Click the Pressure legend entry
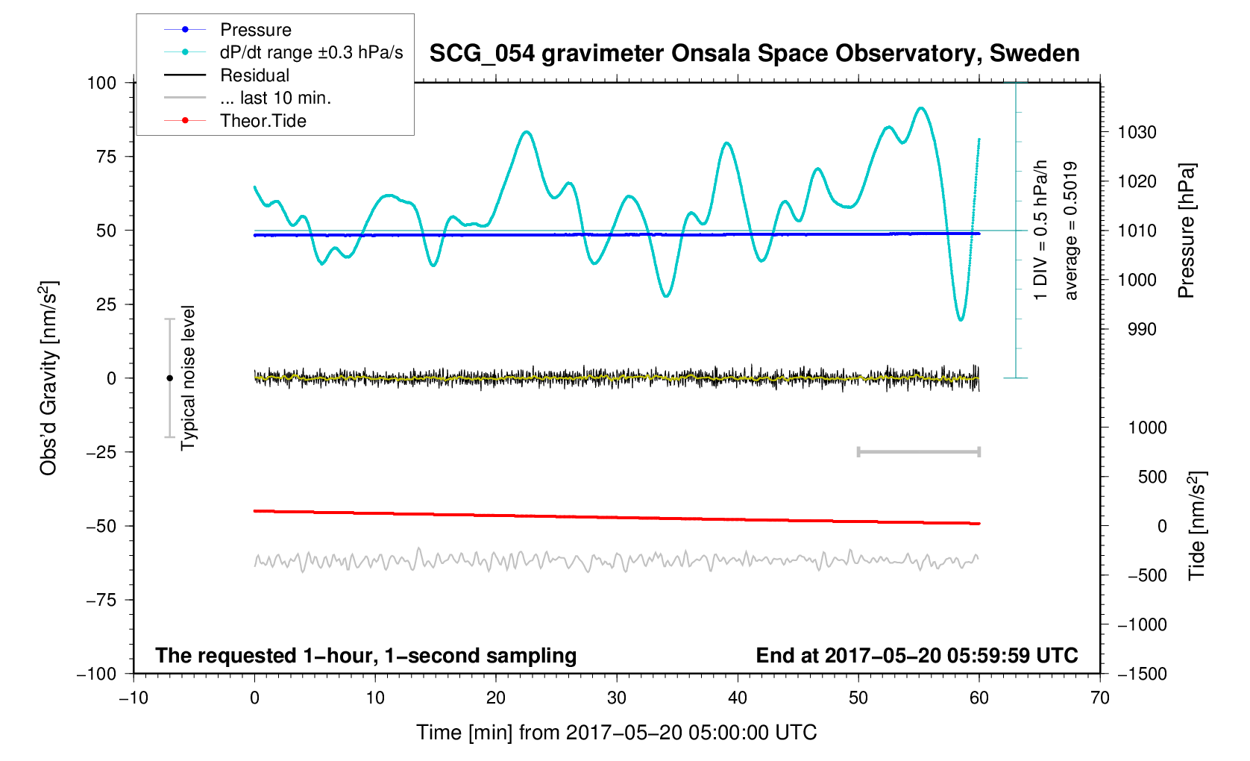click(x=255, y=30)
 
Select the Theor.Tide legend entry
click(x=263, y=121)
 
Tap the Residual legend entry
click(x=254, y=75)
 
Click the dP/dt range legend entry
click(x=310, y=52)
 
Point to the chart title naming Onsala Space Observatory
click(x=754, y=54)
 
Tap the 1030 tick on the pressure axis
click(x=1137, y=133)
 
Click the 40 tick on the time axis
click(x=738, y=698)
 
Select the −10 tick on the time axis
click(x=134, y=698)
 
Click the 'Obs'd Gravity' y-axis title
click(x=49, y=378)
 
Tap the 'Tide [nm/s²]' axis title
click(x=1198, y=525)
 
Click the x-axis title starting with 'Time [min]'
click(x=616, y=733)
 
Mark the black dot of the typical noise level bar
click(x=169, y=378)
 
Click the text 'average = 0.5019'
click(x=1071, y=231)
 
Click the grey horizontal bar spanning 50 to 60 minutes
click(x=918, y=451)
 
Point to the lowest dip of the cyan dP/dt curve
click(x=961, y=320)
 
